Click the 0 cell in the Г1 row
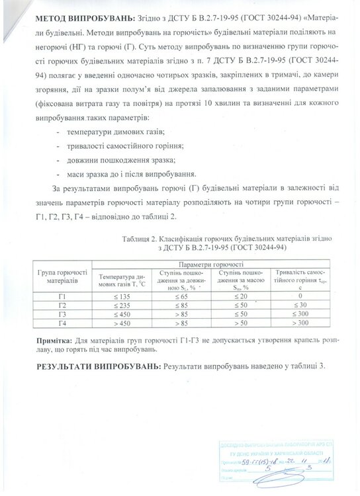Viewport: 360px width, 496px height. (299, 296)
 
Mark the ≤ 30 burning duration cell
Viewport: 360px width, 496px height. (299, 305)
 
